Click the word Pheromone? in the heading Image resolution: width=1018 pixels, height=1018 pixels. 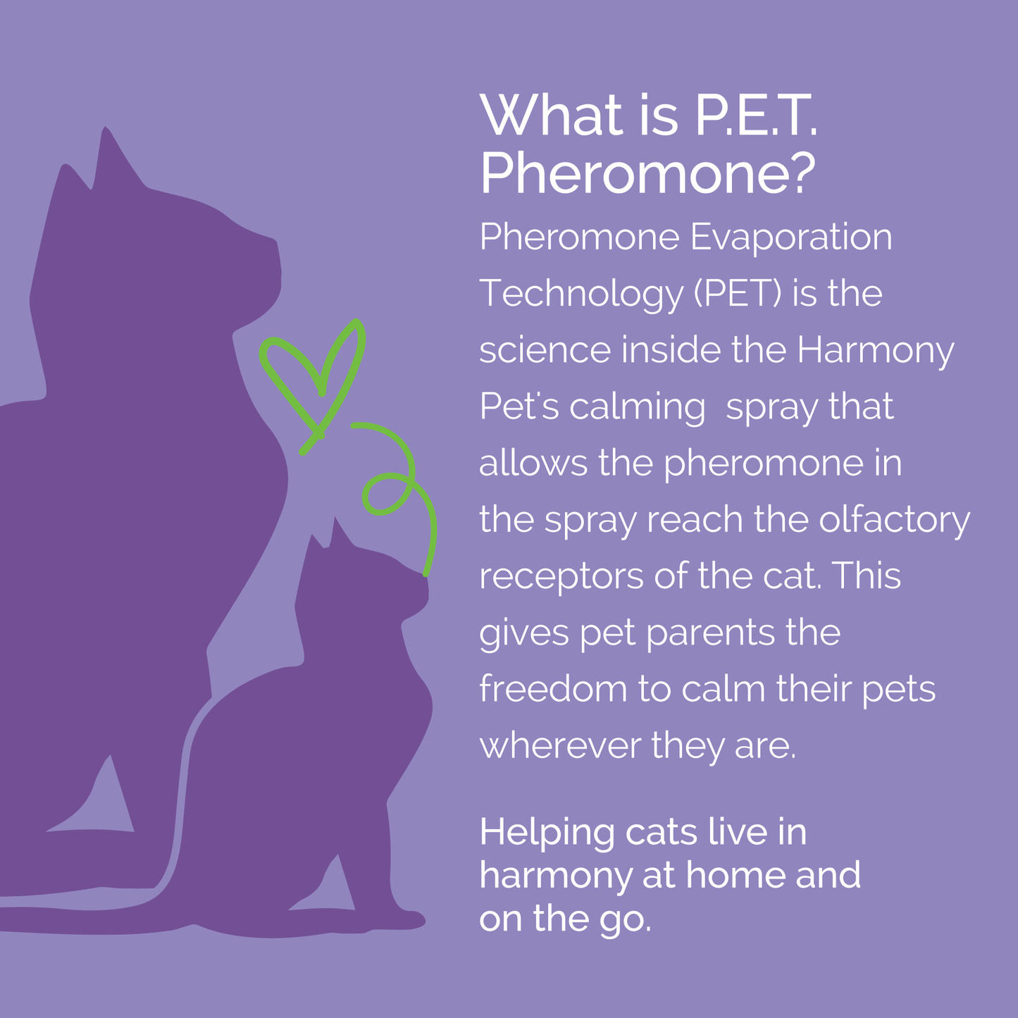click(x=647, y=174)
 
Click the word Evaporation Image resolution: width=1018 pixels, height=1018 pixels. click(x=790, y=237)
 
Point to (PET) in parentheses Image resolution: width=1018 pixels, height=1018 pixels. click(x=738, y=294)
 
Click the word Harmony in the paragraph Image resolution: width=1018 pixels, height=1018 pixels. click(x=875, y=350)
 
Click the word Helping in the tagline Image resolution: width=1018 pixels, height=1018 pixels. click(x=547, y=833)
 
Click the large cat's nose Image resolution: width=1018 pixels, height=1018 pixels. click(x=277, y=247)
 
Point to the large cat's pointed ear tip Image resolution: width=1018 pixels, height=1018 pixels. click(x=106, y=132)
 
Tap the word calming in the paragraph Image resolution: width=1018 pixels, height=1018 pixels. click(x=637, y=408)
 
